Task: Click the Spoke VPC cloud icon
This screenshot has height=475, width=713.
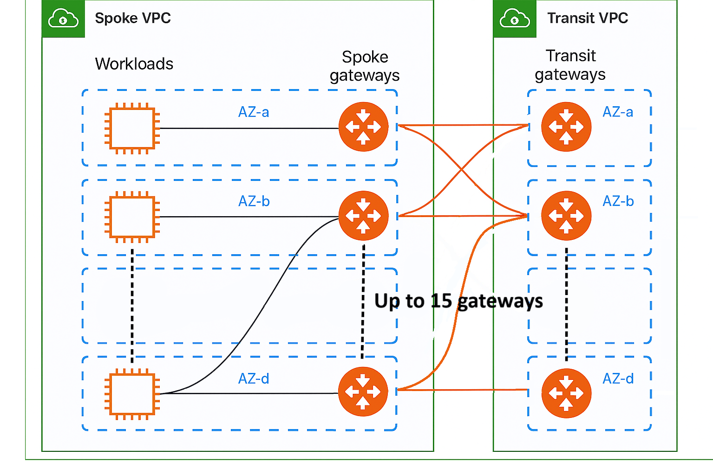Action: coord(63,18)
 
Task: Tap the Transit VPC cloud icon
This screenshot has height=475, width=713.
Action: coord(514,18)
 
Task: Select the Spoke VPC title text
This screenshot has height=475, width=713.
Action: coord(133,18)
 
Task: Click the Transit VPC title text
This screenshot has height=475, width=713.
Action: coord(588,18)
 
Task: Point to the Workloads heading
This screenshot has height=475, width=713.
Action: coord(134,64)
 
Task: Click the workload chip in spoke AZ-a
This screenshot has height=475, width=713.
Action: coord(132,128)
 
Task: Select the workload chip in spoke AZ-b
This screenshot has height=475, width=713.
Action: coord(132,217)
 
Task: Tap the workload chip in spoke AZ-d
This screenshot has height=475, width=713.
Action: coord(132,394)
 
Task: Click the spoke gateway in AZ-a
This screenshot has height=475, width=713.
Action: coord(364,127)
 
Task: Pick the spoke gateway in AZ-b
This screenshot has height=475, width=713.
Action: coord(364,216)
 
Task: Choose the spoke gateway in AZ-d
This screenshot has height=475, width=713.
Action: coord(363,392)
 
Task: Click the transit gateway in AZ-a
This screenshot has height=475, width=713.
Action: coord(566,127)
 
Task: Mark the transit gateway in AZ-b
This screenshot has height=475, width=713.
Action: coord(566,216)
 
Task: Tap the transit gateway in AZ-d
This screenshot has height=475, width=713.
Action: coord(566,393)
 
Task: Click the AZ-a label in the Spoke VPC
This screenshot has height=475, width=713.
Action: coord(254,112)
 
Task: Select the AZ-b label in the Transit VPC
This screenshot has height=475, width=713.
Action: coord(618,201)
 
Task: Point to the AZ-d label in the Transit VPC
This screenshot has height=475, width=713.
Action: coord(618,379)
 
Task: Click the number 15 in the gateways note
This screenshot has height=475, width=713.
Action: coord(441,301)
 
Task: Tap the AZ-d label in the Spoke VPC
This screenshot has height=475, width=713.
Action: coord(254,379)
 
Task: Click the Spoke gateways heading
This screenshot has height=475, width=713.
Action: coord(365,66)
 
